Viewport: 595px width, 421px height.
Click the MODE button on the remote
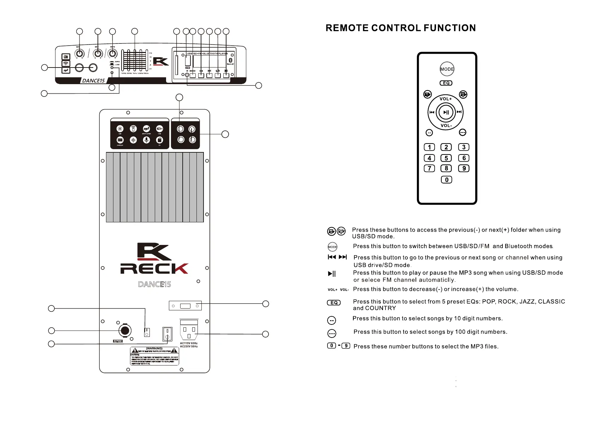(447, 69)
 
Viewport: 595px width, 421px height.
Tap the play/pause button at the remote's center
(446, 112)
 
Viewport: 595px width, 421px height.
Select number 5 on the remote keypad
(446, 158)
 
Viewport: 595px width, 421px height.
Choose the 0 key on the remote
(446, 180)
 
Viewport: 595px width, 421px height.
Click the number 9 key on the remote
(464, 169)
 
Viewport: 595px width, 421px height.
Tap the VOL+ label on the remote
(446, 99)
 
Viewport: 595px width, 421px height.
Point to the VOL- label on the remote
(446, 125)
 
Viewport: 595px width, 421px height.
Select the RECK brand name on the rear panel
(154, 269)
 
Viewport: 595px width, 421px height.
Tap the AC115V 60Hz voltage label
(189, 343)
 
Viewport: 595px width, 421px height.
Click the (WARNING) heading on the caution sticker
(154, 349)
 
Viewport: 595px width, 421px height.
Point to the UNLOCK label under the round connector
(118, 341)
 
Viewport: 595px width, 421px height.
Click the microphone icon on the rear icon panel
(146, 140)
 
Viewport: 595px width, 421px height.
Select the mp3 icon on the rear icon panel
(146, 129)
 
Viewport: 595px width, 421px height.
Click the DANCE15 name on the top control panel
(93, 81)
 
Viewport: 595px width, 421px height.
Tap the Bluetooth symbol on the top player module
(230, 60)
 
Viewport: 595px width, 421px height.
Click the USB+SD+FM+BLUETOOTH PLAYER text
(207, 54)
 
